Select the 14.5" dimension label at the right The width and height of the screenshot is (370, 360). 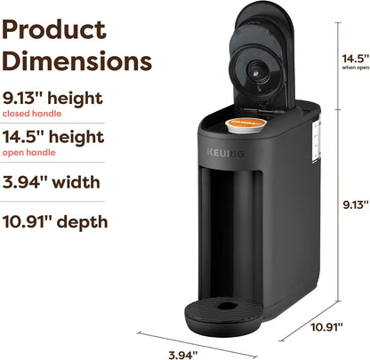(x=354, y=58)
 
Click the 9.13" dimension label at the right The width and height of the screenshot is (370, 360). (x=354, y=204)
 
